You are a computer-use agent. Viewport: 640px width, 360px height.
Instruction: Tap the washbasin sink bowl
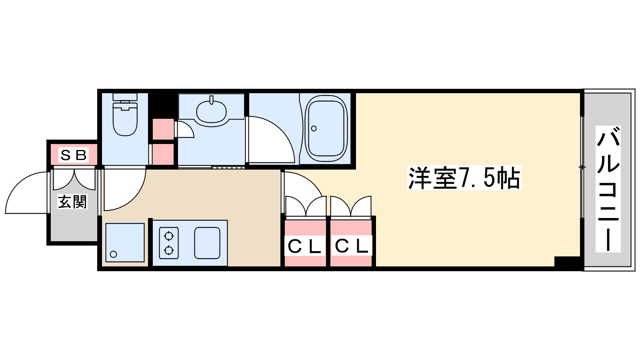click(x=211, y=111)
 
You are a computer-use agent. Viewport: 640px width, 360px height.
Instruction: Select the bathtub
click(x=326, y=128)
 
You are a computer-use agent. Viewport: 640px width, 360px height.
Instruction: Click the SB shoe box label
click(x=73, y=155)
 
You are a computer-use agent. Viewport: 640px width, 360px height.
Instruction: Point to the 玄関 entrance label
click(x=72, y=202)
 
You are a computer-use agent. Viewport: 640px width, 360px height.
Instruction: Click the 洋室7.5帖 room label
click(x=464, y=178)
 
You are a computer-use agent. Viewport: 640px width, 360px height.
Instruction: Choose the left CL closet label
click(x=305, y=246)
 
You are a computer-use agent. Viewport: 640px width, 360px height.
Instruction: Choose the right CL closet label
click(x=351, y=246)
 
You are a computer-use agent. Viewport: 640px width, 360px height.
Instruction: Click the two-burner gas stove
click(x=168, y=243)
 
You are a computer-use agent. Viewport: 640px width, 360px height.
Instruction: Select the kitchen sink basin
click(x=207, y=243)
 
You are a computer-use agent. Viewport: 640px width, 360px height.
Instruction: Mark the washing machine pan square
click(x=125, y=242)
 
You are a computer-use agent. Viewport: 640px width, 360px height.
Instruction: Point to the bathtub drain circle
click(x=314, y=128)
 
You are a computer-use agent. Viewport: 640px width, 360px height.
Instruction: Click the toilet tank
click(x=125, y=97)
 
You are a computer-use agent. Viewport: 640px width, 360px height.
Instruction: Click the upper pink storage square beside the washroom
click(x=163, y=128)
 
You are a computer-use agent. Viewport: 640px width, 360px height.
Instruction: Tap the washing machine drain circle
click(x=114, y=254)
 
